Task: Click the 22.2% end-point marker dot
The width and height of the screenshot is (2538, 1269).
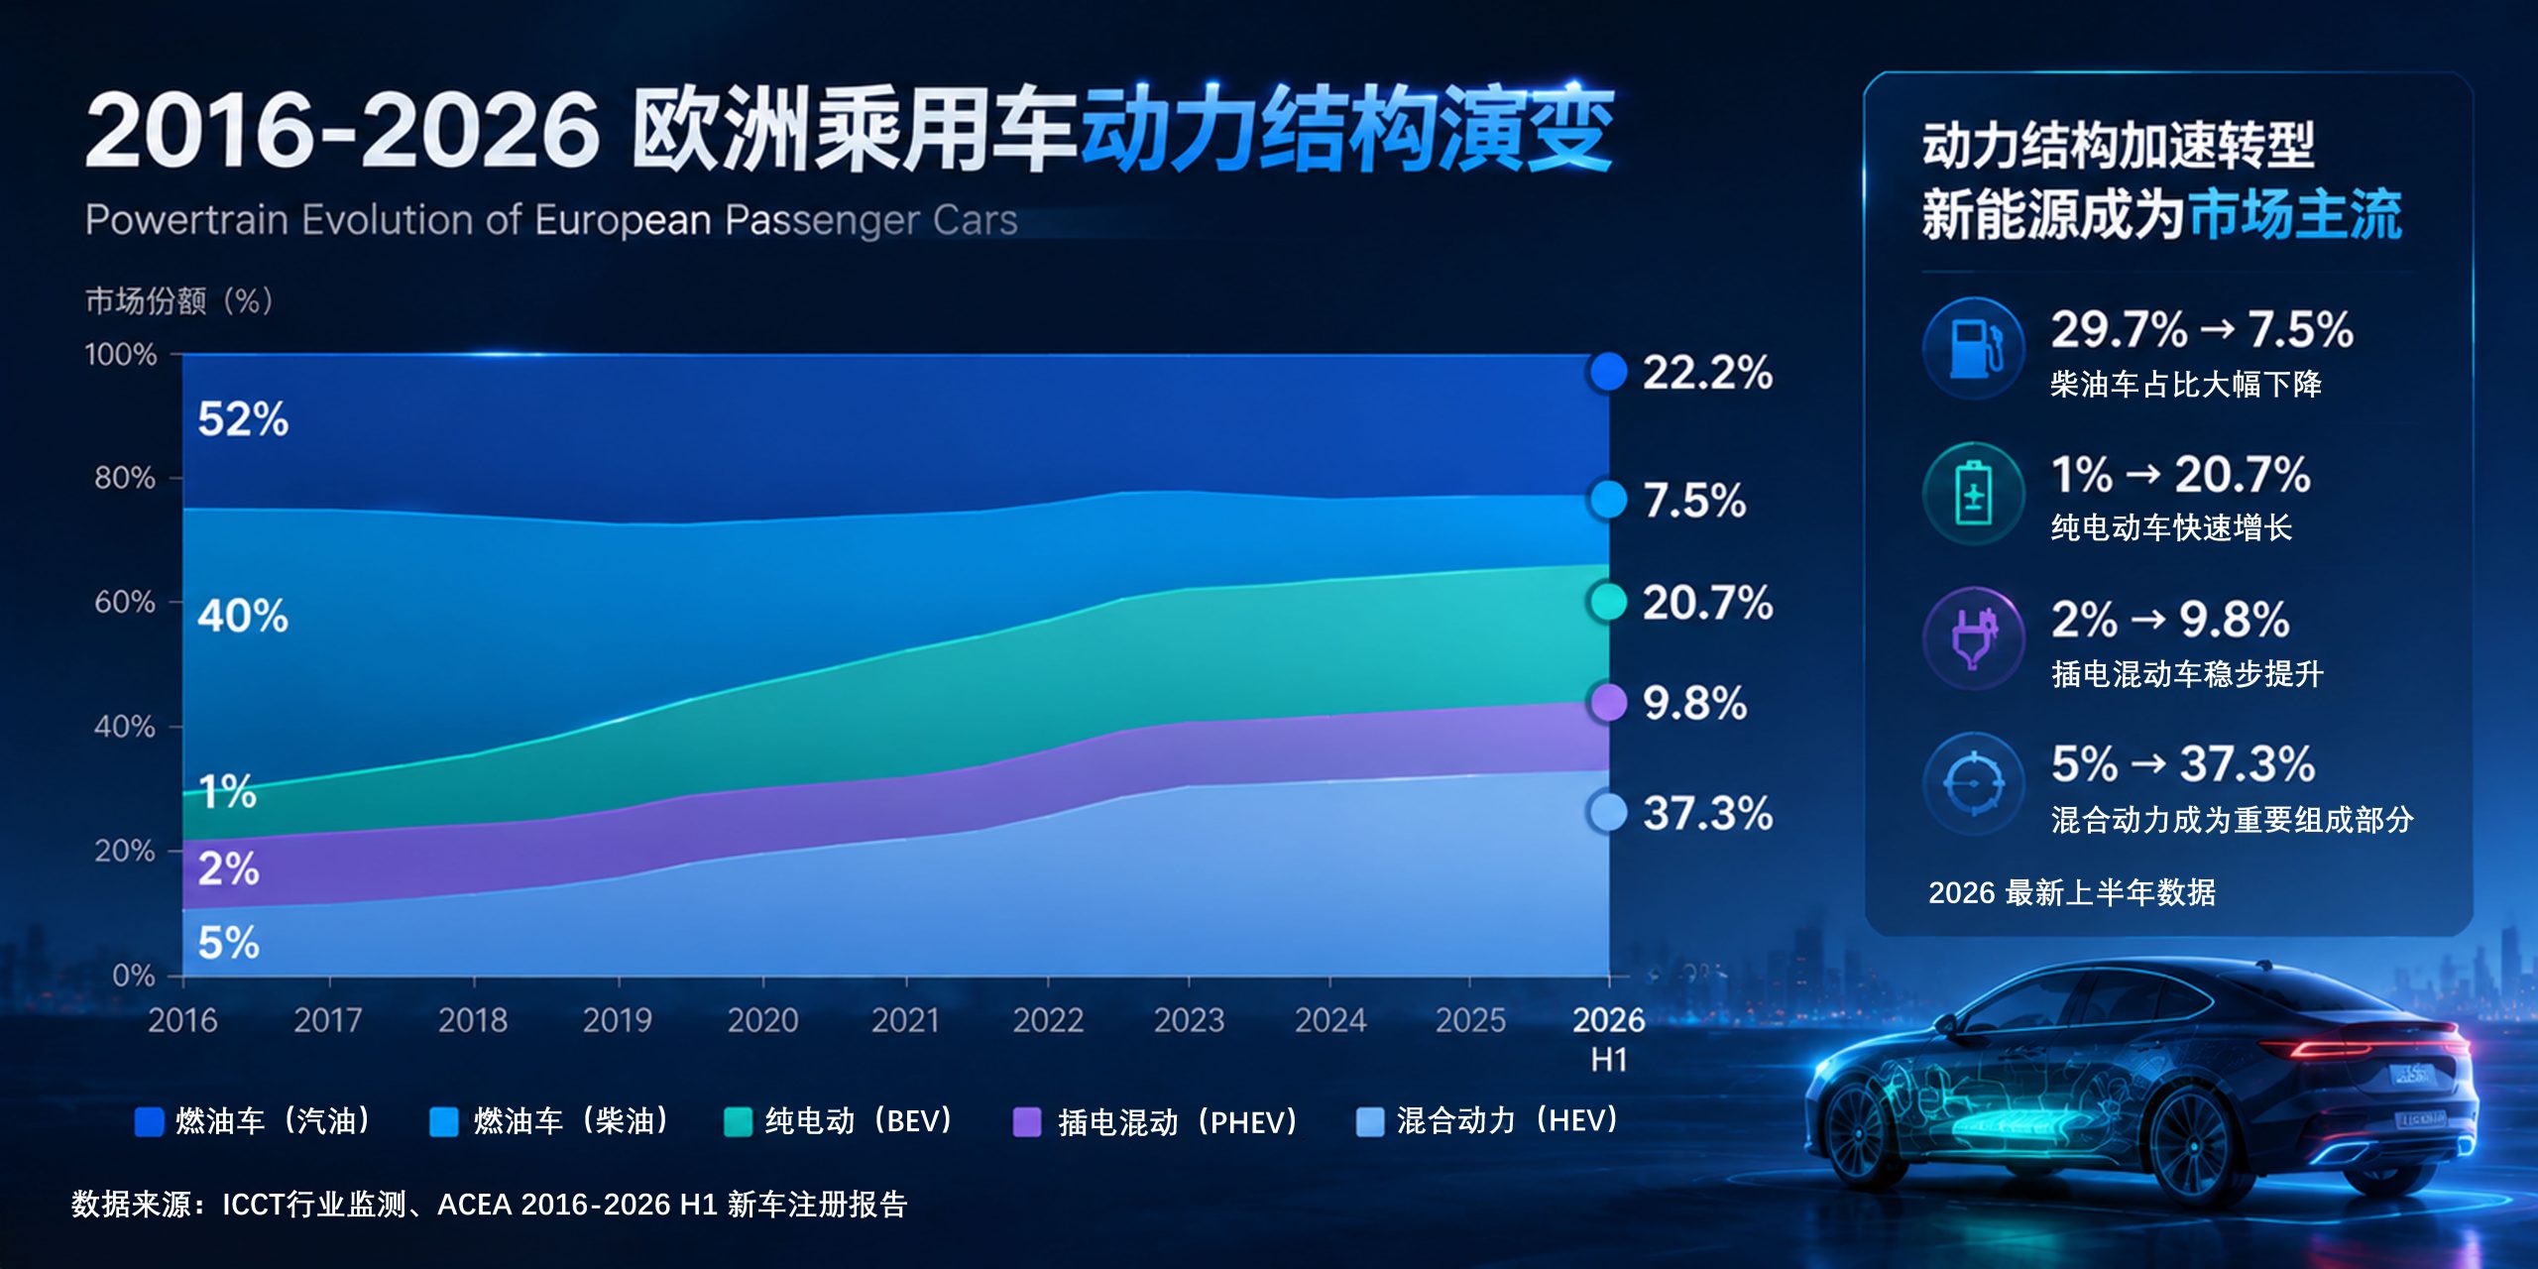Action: click(x=1607, y=372)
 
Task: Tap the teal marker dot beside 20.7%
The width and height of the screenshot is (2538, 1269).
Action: click(x=1607, y=601)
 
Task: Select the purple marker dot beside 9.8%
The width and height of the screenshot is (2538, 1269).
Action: click(x=1607, y=702)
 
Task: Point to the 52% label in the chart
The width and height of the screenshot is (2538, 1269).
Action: click(x=243, y=419)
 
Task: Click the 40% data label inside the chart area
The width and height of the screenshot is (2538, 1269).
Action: click(x=243, y=616)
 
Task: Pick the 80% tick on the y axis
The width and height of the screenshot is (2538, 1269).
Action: click(x=125, y=478)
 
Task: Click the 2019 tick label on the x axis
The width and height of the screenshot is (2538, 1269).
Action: click(x=618, y=1020)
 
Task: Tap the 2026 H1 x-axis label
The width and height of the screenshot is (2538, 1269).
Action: click(x=1608, y=1038)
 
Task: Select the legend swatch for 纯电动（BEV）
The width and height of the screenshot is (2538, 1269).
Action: click(x=739, y=1121)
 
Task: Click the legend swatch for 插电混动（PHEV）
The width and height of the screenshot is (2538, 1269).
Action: click(x=1027, y=1122)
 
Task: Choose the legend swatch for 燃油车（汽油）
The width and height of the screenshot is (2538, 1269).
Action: click(x=149, y=1121)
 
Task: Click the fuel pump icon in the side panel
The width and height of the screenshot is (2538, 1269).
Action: click(x=1974, y=348)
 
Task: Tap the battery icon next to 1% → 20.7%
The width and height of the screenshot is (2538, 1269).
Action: click(x=1973, y=493)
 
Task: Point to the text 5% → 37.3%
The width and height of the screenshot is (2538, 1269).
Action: click(x=2183, y=764)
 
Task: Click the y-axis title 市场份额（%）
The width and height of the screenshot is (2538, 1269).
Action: click(x=179, y=300)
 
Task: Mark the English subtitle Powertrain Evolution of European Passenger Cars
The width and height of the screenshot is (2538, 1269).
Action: click(x=551, y=220)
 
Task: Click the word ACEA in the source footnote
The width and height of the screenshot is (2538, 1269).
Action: click(x=474, y=1205)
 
